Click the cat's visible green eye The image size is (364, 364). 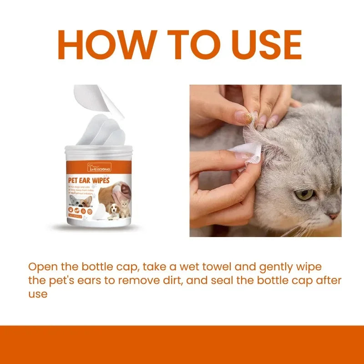point(304,195)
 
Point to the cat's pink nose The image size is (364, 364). point(334,215)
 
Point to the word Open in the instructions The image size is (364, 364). point(41,266)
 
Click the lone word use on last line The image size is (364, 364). point(37,294)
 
